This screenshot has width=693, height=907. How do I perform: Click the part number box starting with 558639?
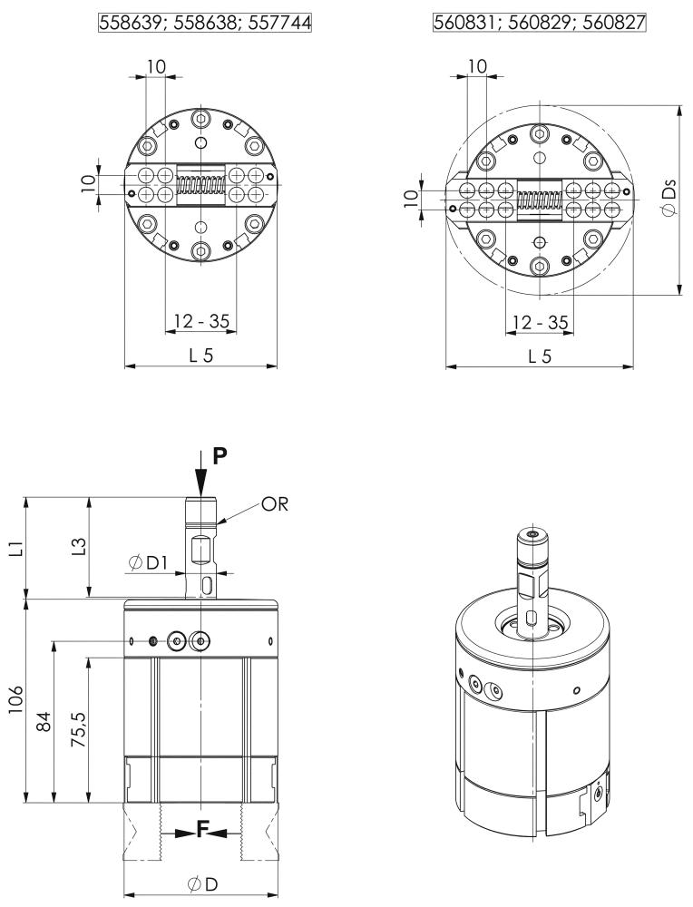[x=205, y=23]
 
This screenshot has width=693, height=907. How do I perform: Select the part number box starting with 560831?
[x=539, y=23]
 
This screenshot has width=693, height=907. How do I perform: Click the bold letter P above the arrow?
[x=220, y=456]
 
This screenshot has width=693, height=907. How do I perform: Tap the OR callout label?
[x=274, y=503]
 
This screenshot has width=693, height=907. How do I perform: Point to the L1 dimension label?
[x=19, y=548]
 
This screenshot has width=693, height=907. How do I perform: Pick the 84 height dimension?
[x=44, y=722]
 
